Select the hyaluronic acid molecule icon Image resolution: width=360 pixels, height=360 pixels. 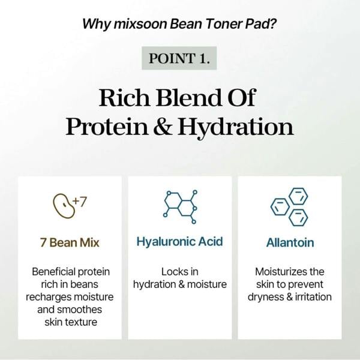[x=179, y=205]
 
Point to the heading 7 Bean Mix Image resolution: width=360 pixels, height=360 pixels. [x=70, y=243]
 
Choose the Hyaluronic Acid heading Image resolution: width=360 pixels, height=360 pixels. [x=179, y=242]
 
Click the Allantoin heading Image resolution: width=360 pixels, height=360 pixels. [x=290, y=243]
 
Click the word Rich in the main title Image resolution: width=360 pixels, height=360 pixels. [x=123, y=98]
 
